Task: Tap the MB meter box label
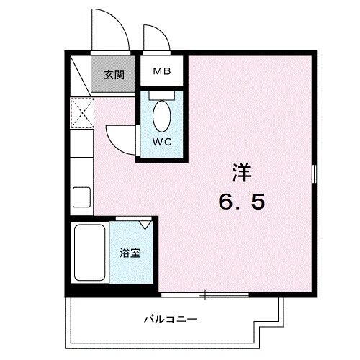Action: pyautogui.click(x=160, y=72)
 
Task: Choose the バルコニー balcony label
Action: pyautogui.click(x=171, y=318)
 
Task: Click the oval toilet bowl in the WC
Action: pyautogui.click(x=161, y=114)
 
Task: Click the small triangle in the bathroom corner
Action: pyautogui.click(x=146, y=225)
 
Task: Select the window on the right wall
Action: pyautogui.click(x=314, y=174)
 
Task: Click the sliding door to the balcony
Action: pyautogui.click(x=205, y=294)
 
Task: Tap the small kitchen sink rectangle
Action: pyautogui.click(x=80, y=195)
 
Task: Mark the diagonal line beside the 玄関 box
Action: pyautogui.click(x=81, y=76)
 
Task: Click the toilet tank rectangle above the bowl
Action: pyautogui.click(x=161, y=94)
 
